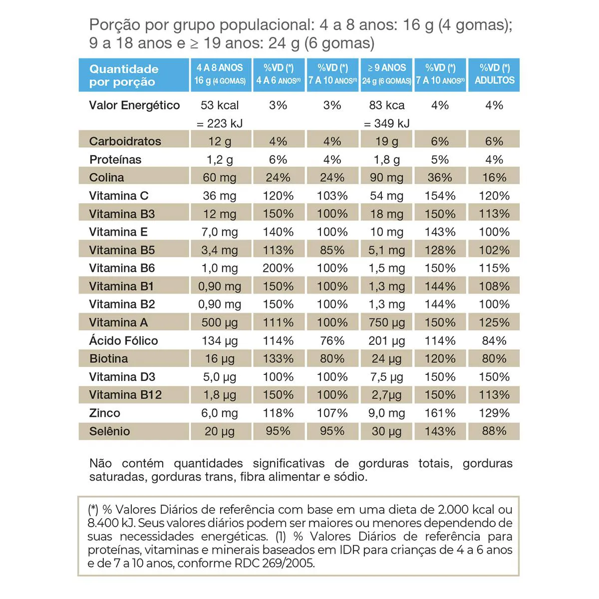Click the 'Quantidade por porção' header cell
coord(124,75)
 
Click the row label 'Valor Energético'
coord(134,105)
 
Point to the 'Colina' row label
coord(106,177)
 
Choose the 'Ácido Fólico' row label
coord(123,340)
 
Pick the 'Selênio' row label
coord(109,431)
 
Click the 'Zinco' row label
coord(104,413)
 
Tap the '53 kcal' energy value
coord(220,105)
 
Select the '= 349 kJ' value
coord(387,123)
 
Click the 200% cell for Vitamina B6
coord(278,268)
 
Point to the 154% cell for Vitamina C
coord(440,196)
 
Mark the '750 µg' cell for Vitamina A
coord(387,322)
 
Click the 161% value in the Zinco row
coord(440,413)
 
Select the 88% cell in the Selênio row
coord(494,431)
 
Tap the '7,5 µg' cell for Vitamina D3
coord(387,377)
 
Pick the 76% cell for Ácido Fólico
coord(332,340)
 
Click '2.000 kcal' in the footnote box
coord(465,510)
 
